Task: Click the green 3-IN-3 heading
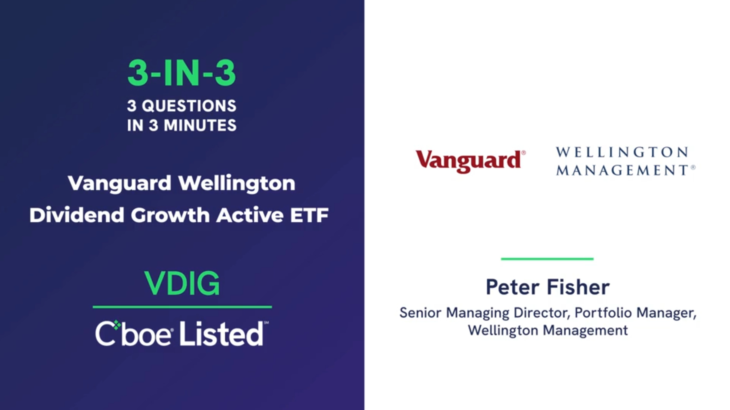pyautogui.click(x=182, y=73)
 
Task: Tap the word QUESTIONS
pyautogui.click(x=189, y=106)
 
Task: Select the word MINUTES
pyautogui.click(x=200, y=125)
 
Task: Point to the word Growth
pyautogui.click(x=170, y=215)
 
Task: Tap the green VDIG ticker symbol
pyautogui.click(x=182, y=283)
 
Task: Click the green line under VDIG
pyautogui.click(x=182, y=307)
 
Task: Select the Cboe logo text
pyautogui.click(x=133, y=333)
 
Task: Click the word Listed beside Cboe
pyautogui.click(x=221, y=333)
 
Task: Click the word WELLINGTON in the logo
pyautogui.click(x=622, y=152)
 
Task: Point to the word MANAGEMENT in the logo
pyautogui.click(x=622, y=170)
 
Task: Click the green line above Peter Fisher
pyautogui.click(x=547, y=259)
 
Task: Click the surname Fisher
pyautogui.click(x=578, y=287)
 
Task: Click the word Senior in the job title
pyautogui.click(x=420, y=313)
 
